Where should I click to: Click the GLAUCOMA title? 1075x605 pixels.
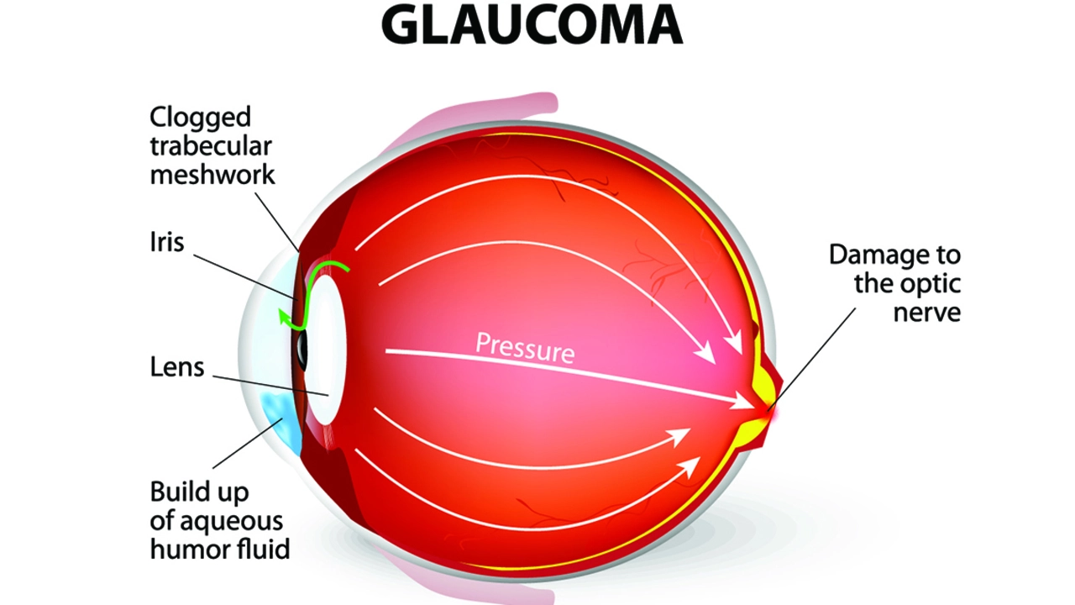532,26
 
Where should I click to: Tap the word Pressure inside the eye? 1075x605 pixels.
525,348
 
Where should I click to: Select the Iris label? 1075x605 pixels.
167,241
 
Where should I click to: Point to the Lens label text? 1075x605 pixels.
177,367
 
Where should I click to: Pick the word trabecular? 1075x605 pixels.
211,146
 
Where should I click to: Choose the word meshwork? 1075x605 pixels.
212,174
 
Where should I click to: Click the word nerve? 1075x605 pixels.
926,313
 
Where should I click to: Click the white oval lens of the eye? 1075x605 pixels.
327,349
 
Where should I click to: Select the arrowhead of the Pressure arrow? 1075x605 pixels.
742,401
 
